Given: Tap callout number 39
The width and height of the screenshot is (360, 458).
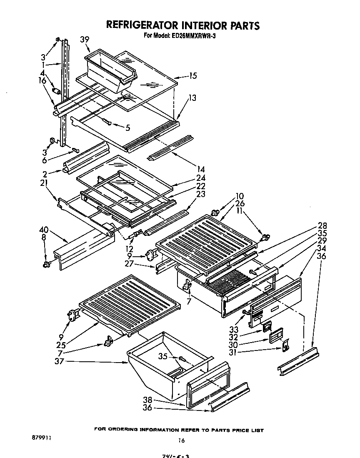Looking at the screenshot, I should [x=85, y=39].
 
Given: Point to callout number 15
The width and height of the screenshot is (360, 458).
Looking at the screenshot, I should [x=192, y=76].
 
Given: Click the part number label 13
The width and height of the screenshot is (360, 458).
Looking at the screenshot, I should [x=192, y=98].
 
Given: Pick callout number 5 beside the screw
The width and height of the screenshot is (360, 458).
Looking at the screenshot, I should [x=128, y=128].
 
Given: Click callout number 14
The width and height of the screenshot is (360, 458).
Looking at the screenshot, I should [x=201, y=169].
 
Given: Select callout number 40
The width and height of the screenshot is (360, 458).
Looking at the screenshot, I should [x=43, y=230].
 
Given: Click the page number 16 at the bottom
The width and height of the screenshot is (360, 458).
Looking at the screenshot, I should [x=181, y=440].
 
